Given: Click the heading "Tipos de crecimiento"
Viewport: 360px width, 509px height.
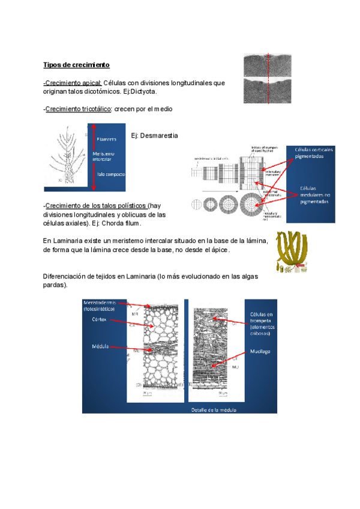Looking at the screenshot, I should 76,64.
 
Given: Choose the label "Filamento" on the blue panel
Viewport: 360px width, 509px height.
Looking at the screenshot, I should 107,139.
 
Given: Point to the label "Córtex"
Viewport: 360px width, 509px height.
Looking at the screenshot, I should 99,319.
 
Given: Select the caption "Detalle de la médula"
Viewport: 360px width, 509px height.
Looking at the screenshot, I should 214,410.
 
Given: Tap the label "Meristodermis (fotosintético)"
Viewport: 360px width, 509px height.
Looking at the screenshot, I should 104,305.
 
